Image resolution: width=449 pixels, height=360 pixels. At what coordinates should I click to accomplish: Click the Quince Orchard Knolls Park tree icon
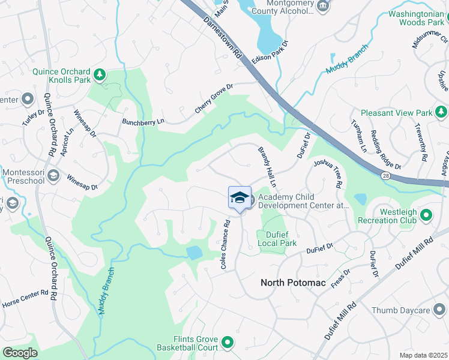100,75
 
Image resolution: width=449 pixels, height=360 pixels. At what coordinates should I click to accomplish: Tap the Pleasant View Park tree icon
441,112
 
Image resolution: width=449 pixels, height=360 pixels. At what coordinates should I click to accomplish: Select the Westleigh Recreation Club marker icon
426,214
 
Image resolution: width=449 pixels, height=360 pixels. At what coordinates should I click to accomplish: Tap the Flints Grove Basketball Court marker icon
227,343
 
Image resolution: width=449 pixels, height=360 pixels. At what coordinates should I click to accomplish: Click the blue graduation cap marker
240,199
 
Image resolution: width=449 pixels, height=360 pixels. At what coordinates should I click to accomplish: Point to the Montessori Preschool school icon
53,175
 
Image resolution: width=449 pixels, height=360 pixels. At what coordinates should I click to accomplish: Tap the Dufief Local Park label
277,239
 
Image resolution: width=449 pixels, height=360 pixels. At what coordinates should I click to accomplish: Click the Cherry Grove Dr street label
213,99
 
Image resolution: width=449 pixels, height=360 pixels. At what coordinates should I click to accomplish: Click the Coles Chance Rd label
226,247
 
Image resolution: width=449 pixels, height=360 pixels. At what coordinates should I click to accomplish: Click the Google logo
20,353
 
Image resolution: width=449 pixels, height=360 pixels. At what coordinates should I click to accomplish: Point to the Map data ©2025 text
423,355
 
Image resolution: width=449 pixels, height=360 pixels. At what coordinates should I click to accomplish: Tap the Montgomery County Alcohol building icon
323,6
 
